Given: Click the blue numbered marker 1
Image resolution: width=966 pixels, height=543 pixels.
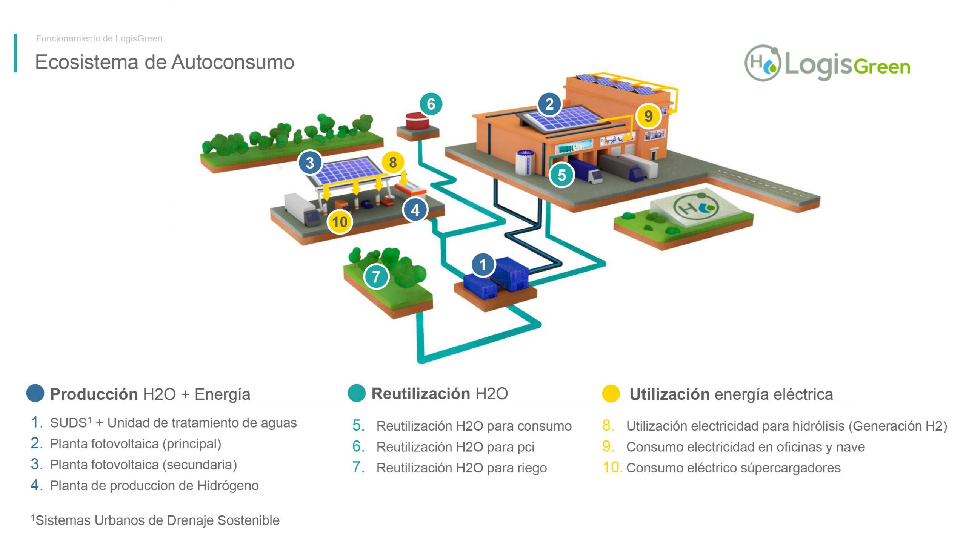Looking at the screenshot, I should click(x=483, y=265).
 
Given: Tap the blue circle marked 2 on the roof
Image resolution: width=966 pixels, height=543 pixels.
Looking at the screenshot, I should click(x=549, y=104).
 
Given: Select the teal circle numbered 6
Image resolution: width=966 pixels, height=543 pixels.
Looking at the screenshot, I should click(x=431, y=104).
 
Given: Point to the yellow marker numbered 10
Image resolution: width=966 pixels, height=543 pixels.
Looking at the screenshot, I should click(x=340, y=222).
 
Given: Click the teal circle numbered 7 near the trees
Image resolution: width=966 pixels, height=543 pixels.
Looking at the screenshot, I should click(x=376, y=277).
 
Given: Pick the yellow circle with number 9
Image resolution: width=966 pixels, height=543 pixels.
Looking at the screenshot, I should click(x=648, y=116).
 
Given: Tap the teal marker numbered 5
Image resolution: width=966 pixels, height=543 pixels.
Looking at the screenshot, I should click(x=561, y=175).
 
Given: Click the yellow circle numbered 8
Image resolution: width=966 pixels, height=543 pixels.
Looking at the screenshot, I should click(x=393, y=163).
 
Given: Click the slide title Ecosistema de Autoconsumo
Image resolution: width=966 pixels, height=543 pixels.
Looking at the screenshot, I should click(x=165, y=62).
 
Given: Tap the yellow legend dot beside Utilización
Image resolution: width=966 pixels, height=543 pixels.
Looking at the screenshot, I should click(x=611, y=394).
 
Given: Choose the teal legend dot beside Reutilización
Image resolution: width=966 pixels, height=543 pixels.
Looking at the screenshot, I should click(x=357, y=393).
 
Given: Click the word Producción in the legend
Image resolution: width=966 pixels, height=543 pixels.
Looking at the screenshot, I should click(x=94, y=394).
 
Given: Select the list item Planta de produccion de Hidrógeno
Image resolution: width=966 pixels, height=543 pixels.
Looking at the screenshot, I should click(x=154, y=486).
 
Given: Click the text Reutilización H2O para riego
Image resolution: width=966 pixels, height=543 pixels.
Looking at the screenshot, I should click(x=461, y=468).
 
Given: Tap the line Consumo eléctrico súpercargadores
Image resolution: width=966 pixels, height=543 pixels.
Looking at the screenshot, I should click(x=733, y=468).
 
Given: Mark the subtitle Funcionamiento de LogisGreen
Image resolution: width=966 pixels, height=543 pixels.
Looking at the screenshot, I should click(x=99, y=38).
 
